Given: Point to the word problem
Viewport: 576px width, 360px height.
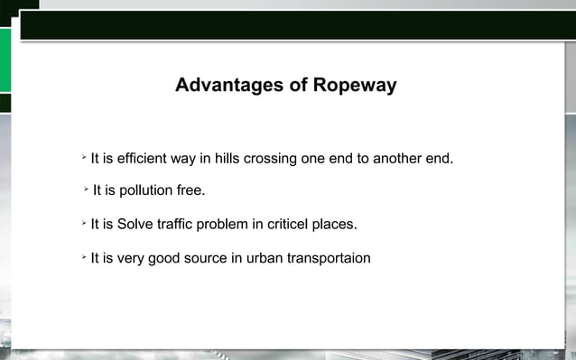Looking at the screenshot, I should (x=225, y=224).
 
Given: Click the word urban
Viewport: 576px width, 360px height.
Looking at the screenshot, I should (x=263, y=258).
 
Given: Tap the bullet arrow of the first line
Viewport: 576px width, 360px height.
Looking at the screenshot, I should (x=82, y=158).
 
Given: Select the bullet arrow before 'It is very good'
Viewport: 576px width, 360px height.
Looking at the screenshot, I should (x=82, y=257).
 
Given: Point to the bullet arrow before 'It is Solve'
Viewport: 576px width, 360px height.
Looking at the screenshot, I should (x=82, y=222).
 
